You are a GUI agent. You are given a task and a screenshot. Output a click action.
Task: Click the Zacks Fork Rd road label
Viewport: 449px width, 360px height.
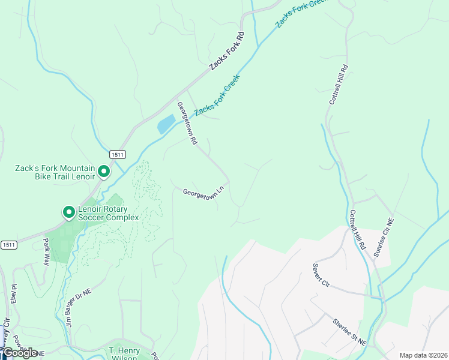[x=228, y=52]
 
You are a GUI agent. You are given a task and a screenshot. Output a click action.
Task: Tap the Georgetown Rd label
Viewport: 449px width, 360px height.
[x=187, y=123]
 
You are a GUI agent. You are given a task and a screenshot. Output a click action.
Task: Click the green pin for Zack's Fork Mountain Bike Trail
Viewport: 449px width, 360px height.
[x=103, y=172]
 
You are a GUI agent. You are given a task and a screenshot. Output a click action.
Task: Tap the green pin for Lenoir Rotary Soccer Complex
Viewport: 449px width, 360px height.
[x=68, y=212]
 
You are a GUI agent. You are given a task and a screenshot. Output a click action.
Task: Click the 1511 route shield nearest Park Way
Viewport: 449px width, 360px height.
[x=9, y=244]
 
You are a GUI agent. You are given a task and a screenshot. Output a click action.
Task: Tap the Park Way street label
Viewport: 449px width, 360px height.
[x=46, y=251]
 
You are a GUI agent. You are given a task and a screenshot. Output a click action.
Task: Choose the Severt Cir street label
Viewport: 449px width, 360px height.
[x=322, y=275]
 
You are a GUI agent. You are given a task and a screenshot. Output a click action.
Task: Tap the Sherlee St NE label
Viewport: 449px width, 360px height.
[x=349, y=331]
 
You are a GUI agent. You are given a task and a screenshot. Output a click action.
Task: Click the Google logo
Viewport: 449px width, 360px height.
[x=20, y=353]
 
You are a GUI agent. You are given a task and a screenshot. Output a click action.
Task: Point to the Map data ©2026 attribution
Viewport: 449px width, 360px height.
[x=423, y=355]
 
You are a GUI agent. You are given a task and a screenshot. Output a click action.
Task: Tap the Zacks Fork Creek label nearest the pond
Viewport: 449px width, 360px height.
[x=217, y=96]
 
